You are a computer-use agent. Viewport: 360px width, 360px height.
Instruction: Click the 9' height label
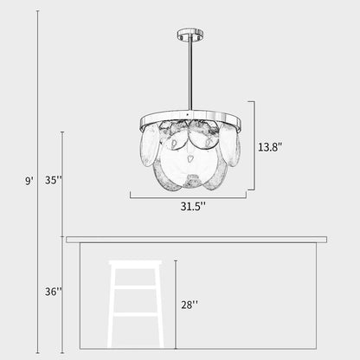29,180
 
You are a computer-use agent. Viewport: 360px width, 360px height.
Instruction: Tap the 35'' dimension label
53,180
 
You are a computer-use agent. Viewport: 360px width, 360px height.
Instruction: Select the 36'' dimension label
53,292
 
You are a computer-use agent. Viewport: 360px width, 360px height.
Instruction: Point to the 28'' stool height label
189,304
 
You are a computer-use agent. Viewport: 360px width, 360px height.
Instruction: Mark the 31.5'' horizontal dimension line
190,196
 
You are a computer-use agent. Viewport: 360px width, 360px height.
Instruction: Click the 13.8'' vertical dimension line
254,145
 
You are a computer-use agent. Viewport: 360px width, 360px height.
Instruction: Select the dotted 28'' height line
175,303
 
